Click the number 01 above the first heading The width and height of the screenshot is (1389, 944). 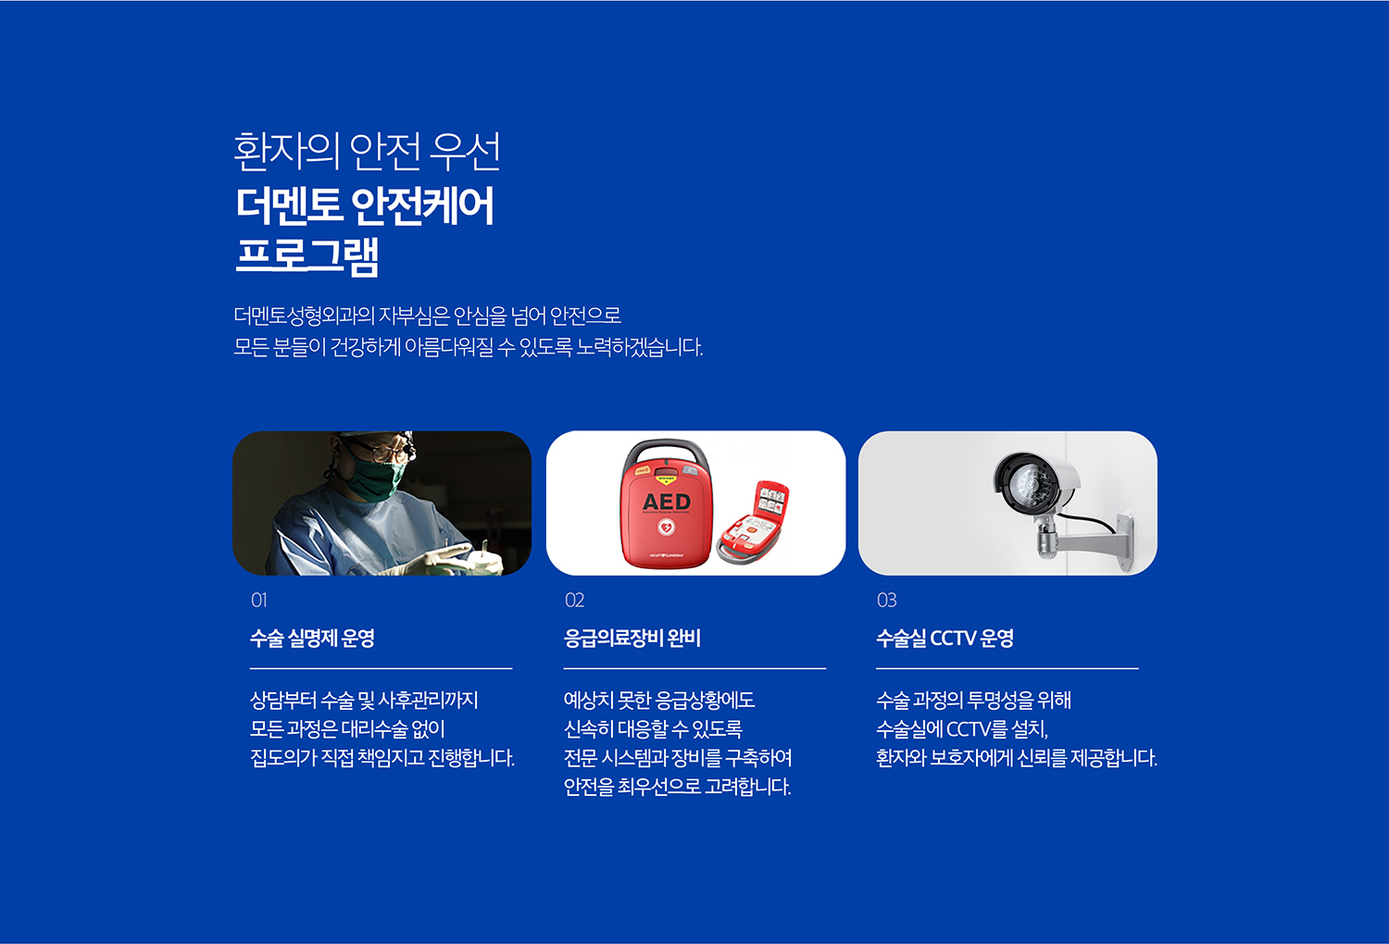coord(258,600)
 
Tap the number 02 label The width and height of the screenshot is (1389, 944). coord(574,600)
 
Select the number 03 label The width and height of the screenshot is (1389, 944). coord(886,600)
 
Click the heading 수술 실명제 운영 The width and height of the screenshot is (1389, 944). coord(312,638)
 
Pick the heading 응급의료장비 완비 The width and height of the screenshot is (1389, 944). coord(632,638)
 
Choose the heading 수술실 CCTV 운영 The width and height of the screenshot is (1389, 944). coord(945,638)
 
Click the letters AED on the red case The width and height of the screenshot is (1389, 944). coord(667,501)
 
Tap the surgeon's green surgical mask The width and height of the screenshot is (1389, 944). coord(374,478)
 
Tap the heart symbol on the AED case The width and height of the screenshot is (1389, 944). coord(666,528)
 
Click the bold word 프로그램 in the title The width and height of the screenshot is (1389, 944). coord(307,255)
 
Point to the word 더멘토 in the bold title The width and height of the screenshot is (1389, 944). coord(289,205)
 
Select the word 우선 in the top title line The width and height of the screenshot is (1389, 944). coord(466,151)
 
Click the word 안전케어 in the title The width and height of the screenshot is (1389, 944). coord(422,205)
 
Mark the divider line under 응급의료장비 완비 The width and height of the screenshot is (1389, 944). coord(694,668)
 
